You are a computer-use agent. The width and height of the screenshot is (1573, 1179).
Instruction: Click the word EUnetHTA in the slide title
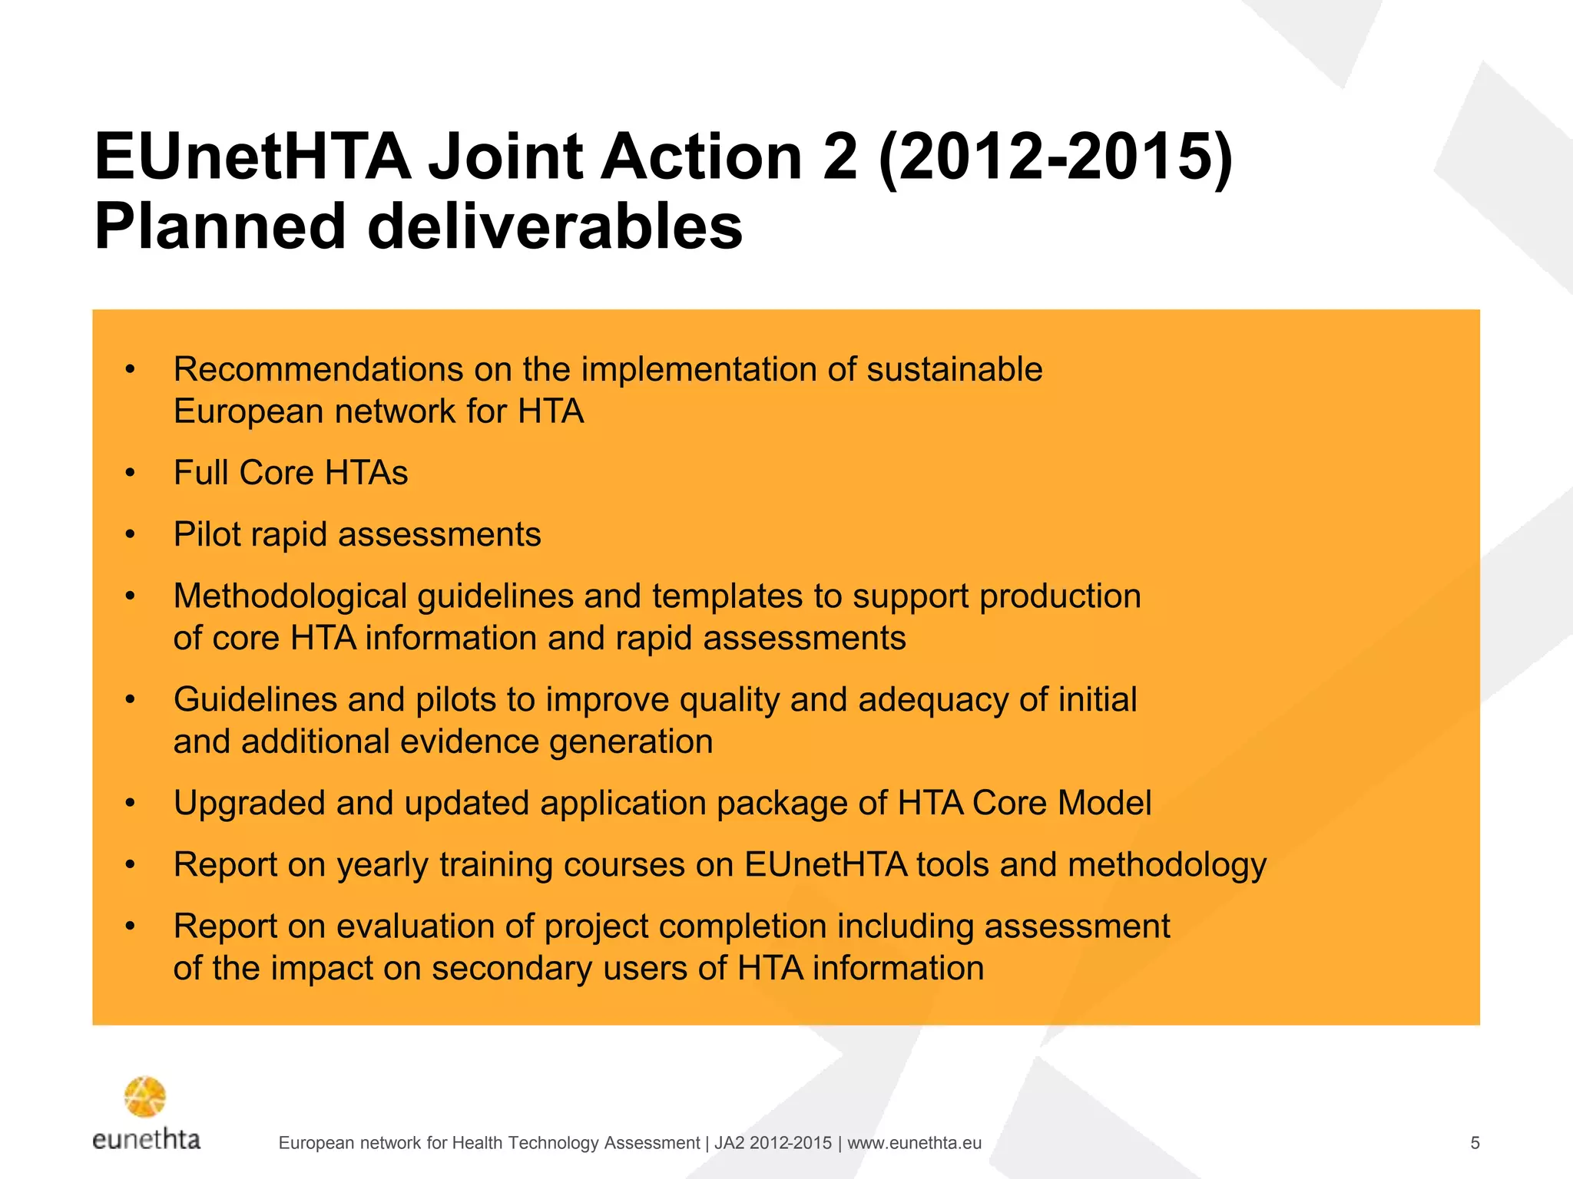(253, 157)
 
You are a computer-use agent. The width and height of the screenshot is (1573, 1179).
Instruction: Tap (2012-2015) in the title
(1055, 157)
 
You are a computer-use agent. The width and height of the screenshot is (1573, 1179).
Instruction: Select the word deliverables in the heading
(555, 226)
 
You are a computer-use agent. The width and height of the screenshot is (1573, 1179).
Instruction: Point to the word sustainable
(954, 369)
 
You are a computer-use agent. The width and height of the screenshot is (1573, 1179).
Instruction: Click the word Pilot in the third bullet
(207, 534)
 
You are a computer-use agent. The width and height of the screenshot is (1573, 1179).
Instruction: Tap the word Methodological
(290, 596)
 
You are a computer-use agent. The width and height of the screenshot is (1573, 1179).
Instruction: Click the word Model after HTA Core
(1104, 804)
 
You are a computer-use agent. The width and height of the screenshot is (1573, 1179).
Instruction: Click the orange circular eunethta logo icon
(145, 1097)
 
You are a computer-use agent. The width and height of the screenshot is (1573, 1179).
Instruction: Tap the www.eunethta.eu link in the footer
(914, 1143)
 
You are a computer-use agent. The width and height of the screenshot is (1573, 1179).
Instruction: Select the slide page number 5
(1475, 1143)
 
